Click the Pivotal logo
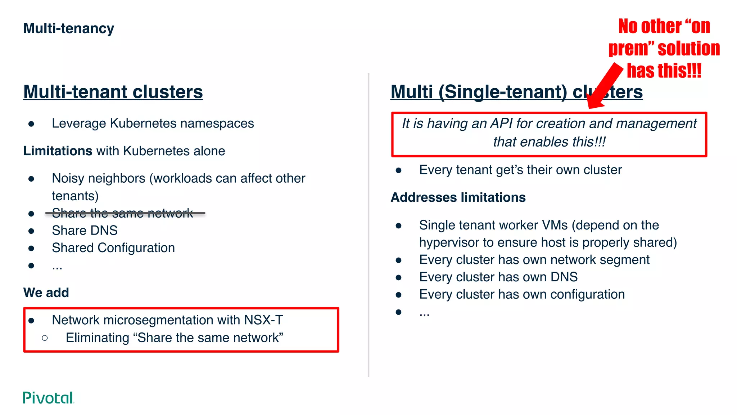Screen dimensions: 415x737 48,398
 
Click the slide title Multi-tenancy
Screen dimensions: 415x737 68,28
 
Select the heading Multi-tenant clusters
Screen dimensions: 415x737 113,92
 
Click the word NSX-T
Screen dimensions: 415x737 263,320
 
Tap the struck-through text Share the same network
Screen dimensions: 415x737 122,213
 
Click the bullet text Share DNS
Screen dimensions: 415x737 85,231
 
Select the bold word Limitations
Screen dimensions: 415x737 58,151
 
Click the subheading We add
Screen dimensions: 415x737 46,293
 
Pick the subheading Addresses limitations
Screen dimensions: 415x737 458,197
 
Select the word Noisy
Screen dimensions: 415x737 68,178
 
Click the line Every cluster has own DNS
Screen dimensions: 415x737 498,277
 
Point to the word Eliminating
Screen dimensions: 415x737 97,338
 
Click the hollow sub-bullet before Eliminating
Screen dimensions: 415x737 45,338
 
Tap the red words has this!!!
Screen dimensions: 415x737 664,71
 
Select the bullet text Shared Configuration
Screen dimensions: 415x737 113,248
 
